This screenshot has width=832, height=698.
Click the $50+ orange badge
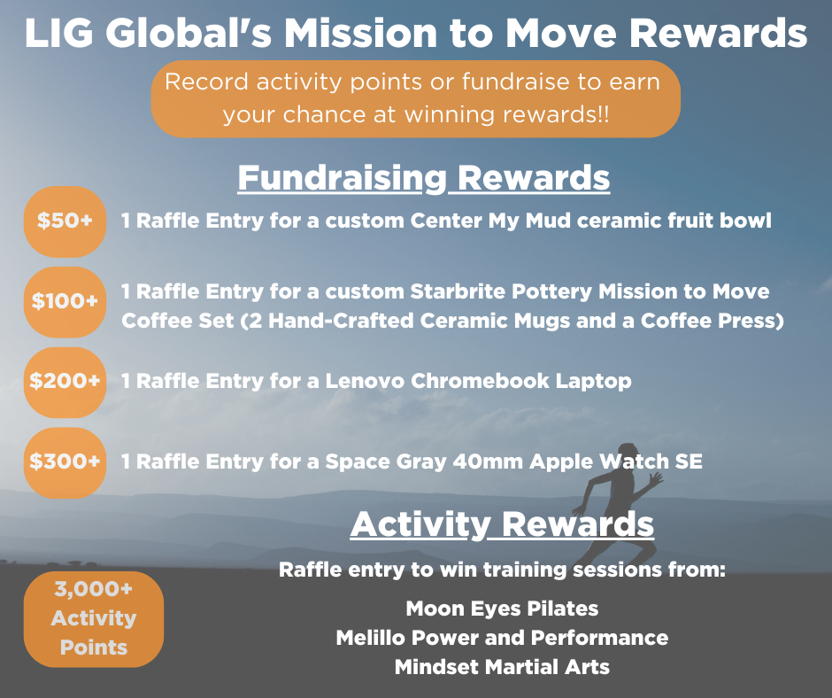click(65, 221)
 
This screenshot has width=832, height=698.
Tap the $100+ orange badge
click(65, 302)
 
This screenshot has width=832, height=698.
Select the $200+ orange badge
click(65, 382)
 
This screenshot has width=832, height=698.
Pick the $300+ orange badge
click(65, 462)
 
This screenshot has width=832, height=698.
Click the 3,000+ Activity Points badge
click(94, 619)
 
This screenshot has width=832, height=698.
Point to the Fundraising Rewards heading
click(423, 178)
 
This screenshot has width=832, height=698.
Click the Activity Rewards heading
click(502, 524)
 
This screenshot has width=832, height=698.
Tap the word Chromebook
click(481, 381)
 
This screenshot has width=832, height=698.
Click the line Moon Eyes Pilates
click(502, 609)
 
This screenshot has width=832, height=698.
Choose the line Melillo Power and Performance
click(502, 638)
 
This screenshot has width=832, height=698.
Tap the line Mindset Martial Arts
click(502, 667)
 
